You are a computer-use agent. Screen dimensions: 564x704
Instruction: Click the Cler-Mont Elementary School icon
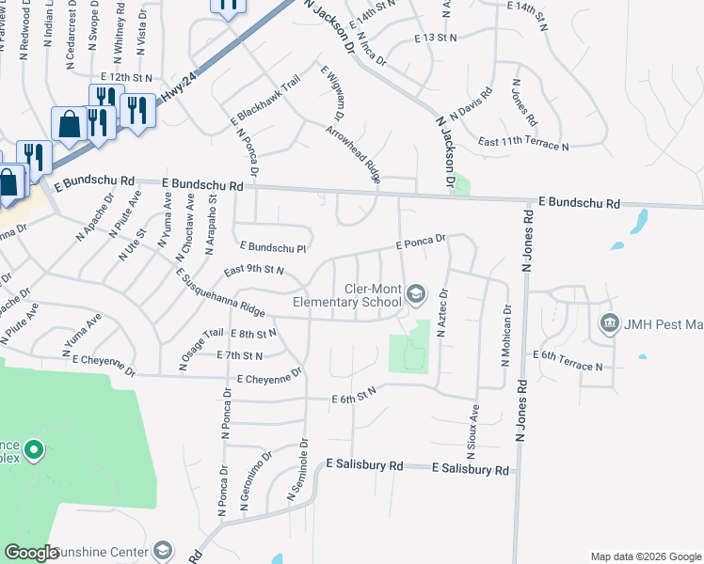(415, 296)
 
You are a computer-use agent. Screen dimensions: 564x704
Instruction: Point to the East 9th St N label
(254, 271)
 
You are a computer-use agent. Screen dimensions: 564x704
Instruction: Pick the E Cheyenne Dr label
(269, 376)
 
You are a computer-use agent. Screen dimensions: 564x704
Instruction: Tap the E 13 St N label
(435, 37)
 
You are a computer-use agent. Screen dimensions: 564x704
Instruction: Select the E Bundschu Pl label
(273, 247)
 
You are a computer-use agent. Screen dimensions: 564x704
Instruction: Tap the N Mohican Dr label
(507, 335)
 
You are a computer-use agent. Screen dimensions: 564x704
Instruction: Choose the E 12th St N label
(126, 76)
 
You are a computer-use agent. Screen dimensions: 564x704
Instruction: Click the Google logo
(31, 553)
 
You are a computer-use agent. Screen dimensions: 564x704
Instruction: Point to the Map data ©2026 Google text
(645, 556)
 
